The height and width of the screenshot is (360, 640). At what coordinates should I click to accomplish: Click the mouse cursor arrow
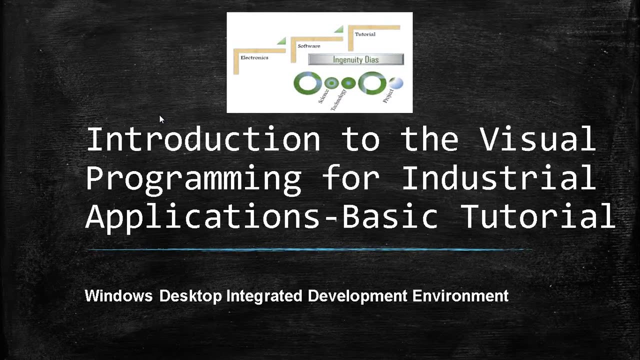[x=161, y=119]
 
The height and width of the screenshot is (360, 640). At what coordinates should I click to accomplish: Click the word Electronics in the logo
[x=254, y=57]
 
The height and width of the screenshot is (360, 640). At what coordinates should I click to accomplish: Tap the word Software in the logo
[x=308, y=46]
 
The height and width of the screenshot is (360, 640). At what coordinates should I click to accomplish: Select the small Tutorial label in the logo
[x=365, y=34]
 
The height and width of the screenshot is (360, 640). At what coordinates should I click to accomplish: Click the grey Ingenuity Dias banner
[x=355, y=59]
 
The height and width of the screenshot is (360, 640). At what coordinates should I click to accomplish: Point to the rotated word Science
[x=323, y=96]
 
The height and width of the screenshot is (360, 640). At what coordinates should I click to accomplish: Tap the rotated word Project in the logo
[x=388, y=95]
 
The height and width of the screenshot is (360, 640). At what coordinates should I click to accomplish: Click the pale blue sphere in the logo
[x=396, y=83]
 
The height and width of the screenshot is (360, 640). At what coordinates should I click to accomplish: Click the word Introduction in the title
[x=203, y=139]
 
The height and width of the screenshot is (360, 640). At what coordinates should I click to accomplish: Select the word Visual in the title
[x=538, y=139]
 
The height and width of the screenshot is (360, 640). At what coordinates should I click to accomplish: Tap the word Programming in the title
[x=193, y=178]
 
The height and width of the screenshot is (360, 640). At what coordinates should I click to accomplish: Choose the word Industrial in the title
[x=498, y=178]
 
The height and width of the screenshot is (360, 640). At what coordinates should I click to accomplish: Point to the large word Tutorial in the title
[x=537, y=217]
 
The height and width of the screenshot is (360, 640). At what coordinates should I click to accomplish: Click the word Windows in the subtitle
[x=118, y=296]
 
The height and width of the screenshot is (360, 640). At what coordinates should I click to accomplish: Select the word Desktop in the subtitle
[x=190, y=296]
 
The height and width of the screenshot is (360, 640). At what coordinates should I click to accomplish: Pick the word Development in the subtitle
[x=357, y=296]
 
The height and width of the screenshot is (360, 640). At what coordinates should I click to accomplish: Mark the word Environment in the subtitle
[x=460, y=296]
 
